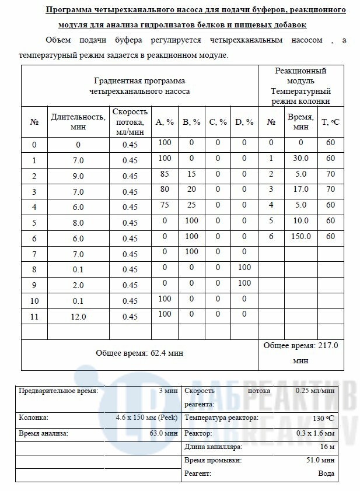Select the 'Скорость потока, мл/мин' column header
130,122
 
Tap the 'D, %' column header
244,122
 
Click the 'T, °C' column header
330,122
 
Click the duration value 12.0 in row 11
78,317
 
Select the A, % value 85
165,174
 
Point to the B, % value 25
191,205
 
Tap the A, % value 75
165,205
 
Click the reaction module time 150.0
301,236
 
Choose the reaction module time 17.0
301,189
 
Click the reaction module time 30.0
301,158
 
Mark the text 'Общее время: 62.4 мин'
139,353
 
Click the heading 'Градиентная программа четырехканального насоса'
139,86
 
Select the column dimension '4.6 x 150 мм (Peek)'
146,418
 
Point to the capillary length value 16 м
327,447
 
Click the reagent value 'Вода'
326,474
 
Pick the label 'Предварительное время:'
59,391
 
